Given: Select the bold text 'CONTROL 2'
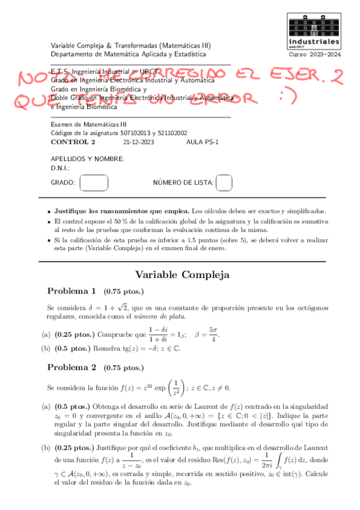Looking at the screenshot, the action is [73, 142].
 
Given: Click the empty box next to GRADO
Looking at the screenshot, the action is [94, 182].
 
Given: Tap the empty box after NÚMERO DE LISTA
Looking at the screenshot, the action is [224, 182].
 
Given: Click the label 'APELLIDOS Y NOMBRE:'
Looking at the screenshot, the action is [87, 159].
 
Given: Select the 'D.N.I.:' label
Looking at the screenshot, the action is [60, 168].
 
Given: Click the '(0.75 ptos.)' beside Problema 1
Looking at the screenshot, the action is [122, 291].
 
